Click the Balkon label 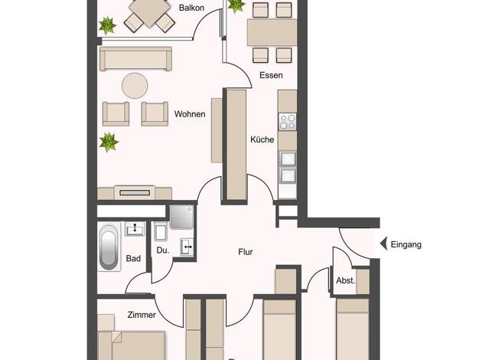pos(191,8)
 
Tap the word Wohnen pos(190,114)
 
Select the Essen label pos(271,75)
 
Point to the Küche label pos(262,139)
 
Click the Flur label pos(246,252)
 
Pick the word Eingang pos(406,244)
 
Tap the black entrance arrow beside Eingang pos(383,244)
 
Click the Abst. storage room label pos(346,280)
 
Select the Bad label pos(133,258)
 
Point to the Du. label pos(162,250)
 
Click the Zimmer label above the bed pos(142,315)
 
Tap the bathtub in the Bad pos(109,247)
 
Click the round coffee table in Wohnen pos(135,86)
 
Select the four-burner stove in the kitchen pos(288,122)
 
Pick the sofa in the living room pos(135,59)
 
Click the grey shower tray pos(182,218)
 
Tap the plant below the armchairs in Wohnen pos(109,142)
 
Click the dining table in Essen pos(272,32)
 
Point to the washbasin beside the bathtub pos(135,229)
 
